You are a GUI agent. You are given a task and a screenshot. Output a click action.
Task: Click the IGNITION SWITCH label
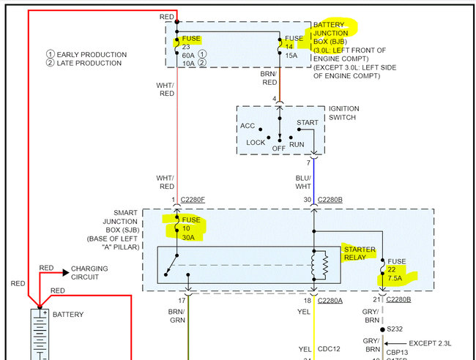343,113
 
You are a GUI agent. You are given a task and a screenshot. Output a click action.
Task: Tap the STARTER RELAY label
359,254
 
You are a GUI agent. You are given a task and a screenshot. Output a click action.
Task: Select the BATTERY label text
67,315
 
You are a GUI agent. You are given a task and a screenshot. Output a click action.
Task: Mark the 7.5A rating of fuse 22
396,278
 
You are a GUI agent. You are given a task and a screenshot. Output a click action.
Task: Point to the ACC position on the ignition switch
248,126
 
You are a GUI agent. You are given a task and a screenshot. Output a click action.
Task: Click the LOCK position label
256,142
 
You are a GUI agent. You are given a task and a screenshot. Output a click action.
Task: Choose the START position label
308,122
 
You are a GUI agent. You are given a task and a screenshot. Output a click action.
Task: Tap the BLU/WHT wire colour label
302,182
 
